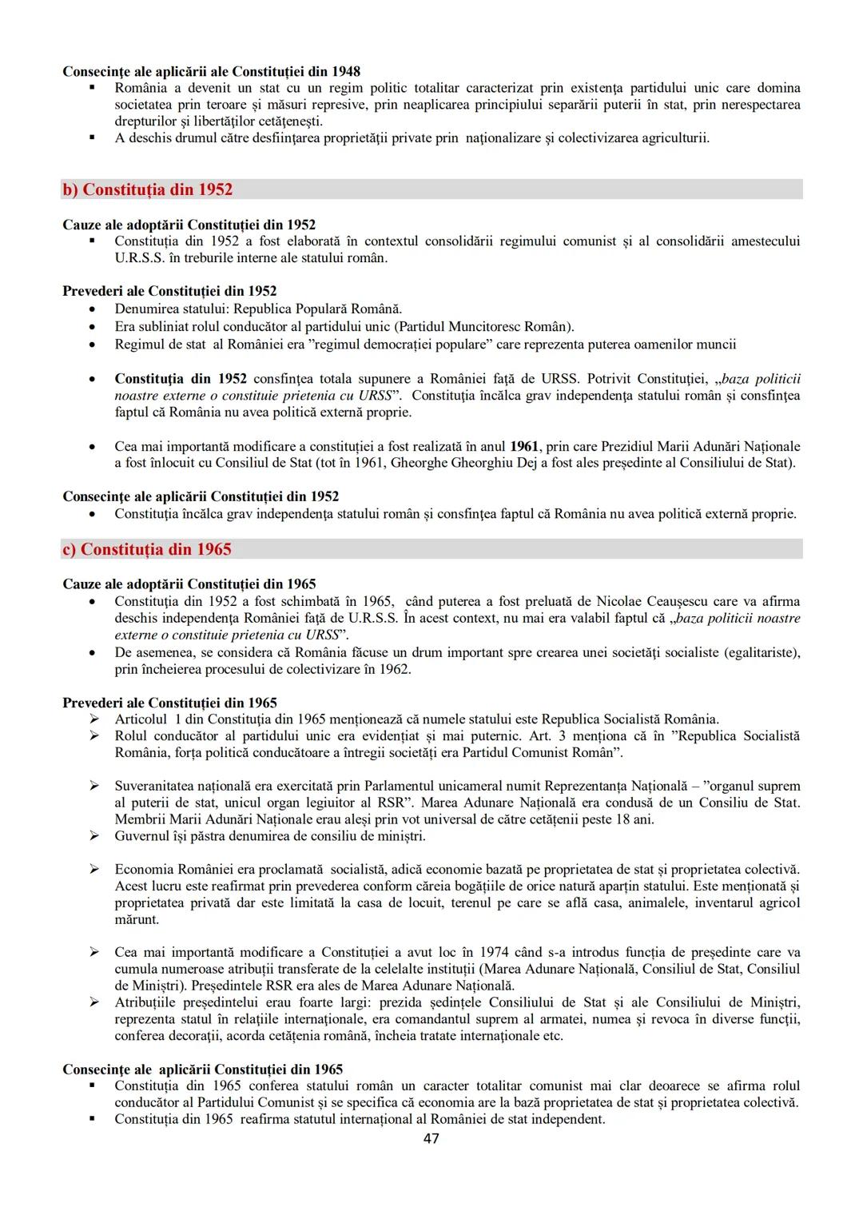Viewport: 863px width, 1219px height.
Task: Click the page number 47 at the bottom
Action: coord(431,1138)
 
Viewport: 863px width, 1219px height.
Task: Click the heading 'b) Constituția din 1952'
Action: coord(148,189)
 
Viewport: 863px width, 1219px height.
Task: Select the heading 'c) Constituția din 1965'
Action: coord(147,549)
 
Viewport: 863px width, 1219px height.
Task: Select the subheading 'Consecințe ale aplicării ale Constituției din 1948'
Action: coord(211,71)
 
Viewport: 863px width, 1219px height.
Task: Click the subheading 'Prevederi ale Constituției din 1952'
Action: coord(169,291)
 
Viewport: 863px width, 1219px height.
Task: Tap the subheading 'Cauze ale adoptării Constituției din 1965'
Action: coord(189,584)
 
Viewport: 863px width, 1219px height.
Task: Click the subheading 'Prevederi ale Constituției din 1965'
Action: coord(169,703)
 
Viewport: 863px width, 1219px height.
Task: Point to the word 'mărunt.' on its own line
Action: coord(137,919)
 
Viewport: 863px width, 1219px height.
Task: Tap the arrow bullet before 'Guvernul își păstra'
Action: coord(94,836)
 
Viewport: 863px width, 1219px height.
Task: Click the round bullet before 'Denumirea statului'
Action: coord(94,309)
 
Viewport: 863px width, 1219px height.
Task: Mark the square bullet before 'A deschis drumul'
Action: coord(93,137)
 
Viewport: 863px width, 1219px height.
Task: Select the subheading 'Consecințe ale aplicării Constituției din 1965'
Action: coord(202,1070)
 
